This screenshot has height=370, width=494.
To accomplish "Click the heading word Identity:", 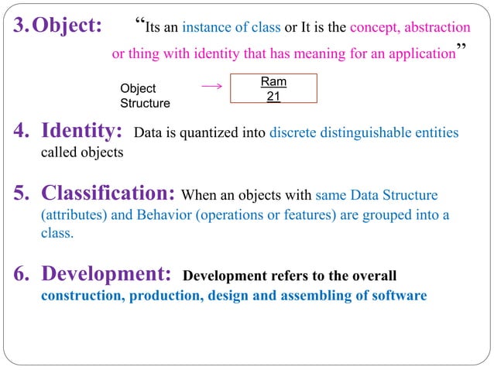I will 82,129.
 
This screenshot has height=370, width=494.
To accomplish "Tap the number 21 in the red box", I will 273,96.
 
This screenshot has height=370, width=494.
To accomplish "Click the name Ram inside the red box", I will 273,81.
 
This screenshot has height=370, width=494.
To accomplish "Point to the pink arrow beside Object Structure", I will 211,87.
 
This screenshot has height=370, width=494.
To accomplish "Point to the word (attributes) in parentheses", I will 72,214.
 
